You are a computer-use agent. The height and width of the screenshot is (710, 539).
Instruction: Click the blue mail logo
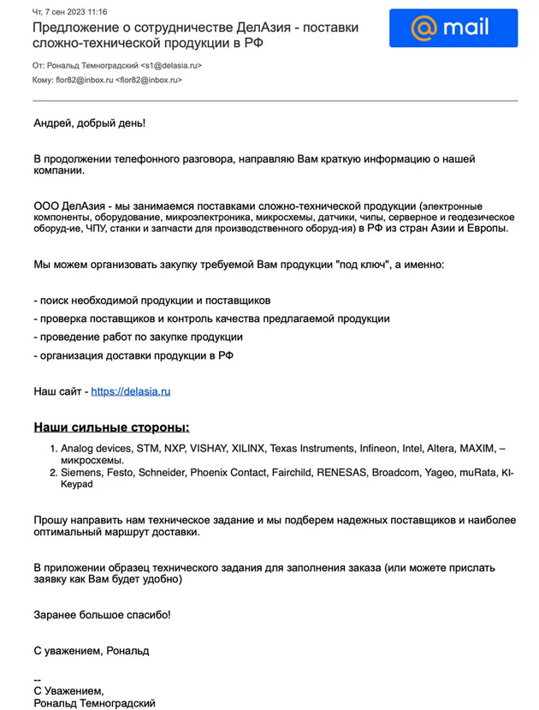453,27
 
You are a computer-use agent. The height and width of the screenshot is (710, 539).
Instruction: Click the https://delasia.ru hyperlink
131,391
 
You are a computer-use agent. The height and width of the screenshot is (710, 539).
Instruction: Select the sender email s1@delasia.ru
170,64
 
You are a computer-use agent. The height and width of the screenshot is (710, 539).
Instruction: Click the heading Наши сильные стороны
111,427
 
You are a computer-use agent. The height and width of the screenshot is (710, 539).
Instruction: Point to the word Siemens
82,472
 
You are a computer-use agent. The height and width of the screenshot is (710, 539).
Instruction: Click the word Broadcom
402,472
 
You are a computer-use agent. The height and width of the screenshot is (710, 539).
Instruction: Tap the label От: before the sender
38,64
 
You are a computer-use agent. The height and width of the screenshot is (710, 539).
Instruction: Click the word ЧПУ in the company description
100,229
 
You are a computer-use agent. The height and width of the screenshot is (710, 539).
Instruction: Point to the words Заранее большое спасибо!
102,614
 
